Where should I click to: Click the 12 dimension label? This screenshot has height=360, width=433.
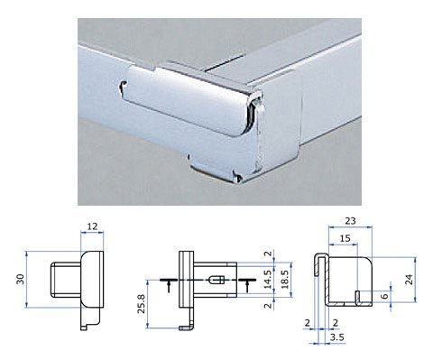tap(92, 226)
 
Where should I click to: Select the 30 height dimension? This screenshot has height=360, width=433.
tap(21, 279)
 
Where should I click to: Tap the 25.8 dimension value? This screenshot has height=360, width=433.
tap(142, 304)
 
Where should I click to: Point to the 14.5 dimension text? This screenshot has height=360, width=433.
tap(268, 280)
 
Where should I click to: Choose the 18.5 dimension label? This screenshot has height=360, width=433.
tap(285, 279)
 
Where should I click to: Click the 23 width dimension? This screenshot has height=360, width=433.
tap(350, 221)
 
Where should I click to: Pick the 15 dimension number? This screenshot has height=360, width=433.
tap(345, 238)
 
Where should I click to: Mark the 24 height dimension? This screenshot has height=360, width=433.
tap(410, 280)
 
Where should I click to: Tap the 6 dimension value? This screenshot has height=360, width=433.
tap(384, 296)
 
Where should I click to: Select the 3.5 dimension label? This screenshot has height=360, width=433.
tap(336, 337)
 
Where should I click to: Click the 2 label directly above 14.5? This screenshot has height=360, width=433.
tap(269, 254)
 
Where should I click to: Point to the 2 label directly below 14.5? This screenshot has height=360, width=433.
tap(269, 306)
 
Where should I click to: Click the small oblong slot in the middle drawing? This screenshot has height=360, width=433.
tap(216, 280)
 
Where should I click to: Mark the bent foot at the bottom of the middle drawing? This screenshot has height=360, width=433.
tap(187, 328)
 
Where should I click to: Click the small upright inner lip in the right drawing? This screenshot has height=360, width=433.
tap(357, 298)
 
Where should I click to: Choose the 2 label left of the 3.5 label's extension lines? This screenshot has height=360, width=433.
tap(308, 323)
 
